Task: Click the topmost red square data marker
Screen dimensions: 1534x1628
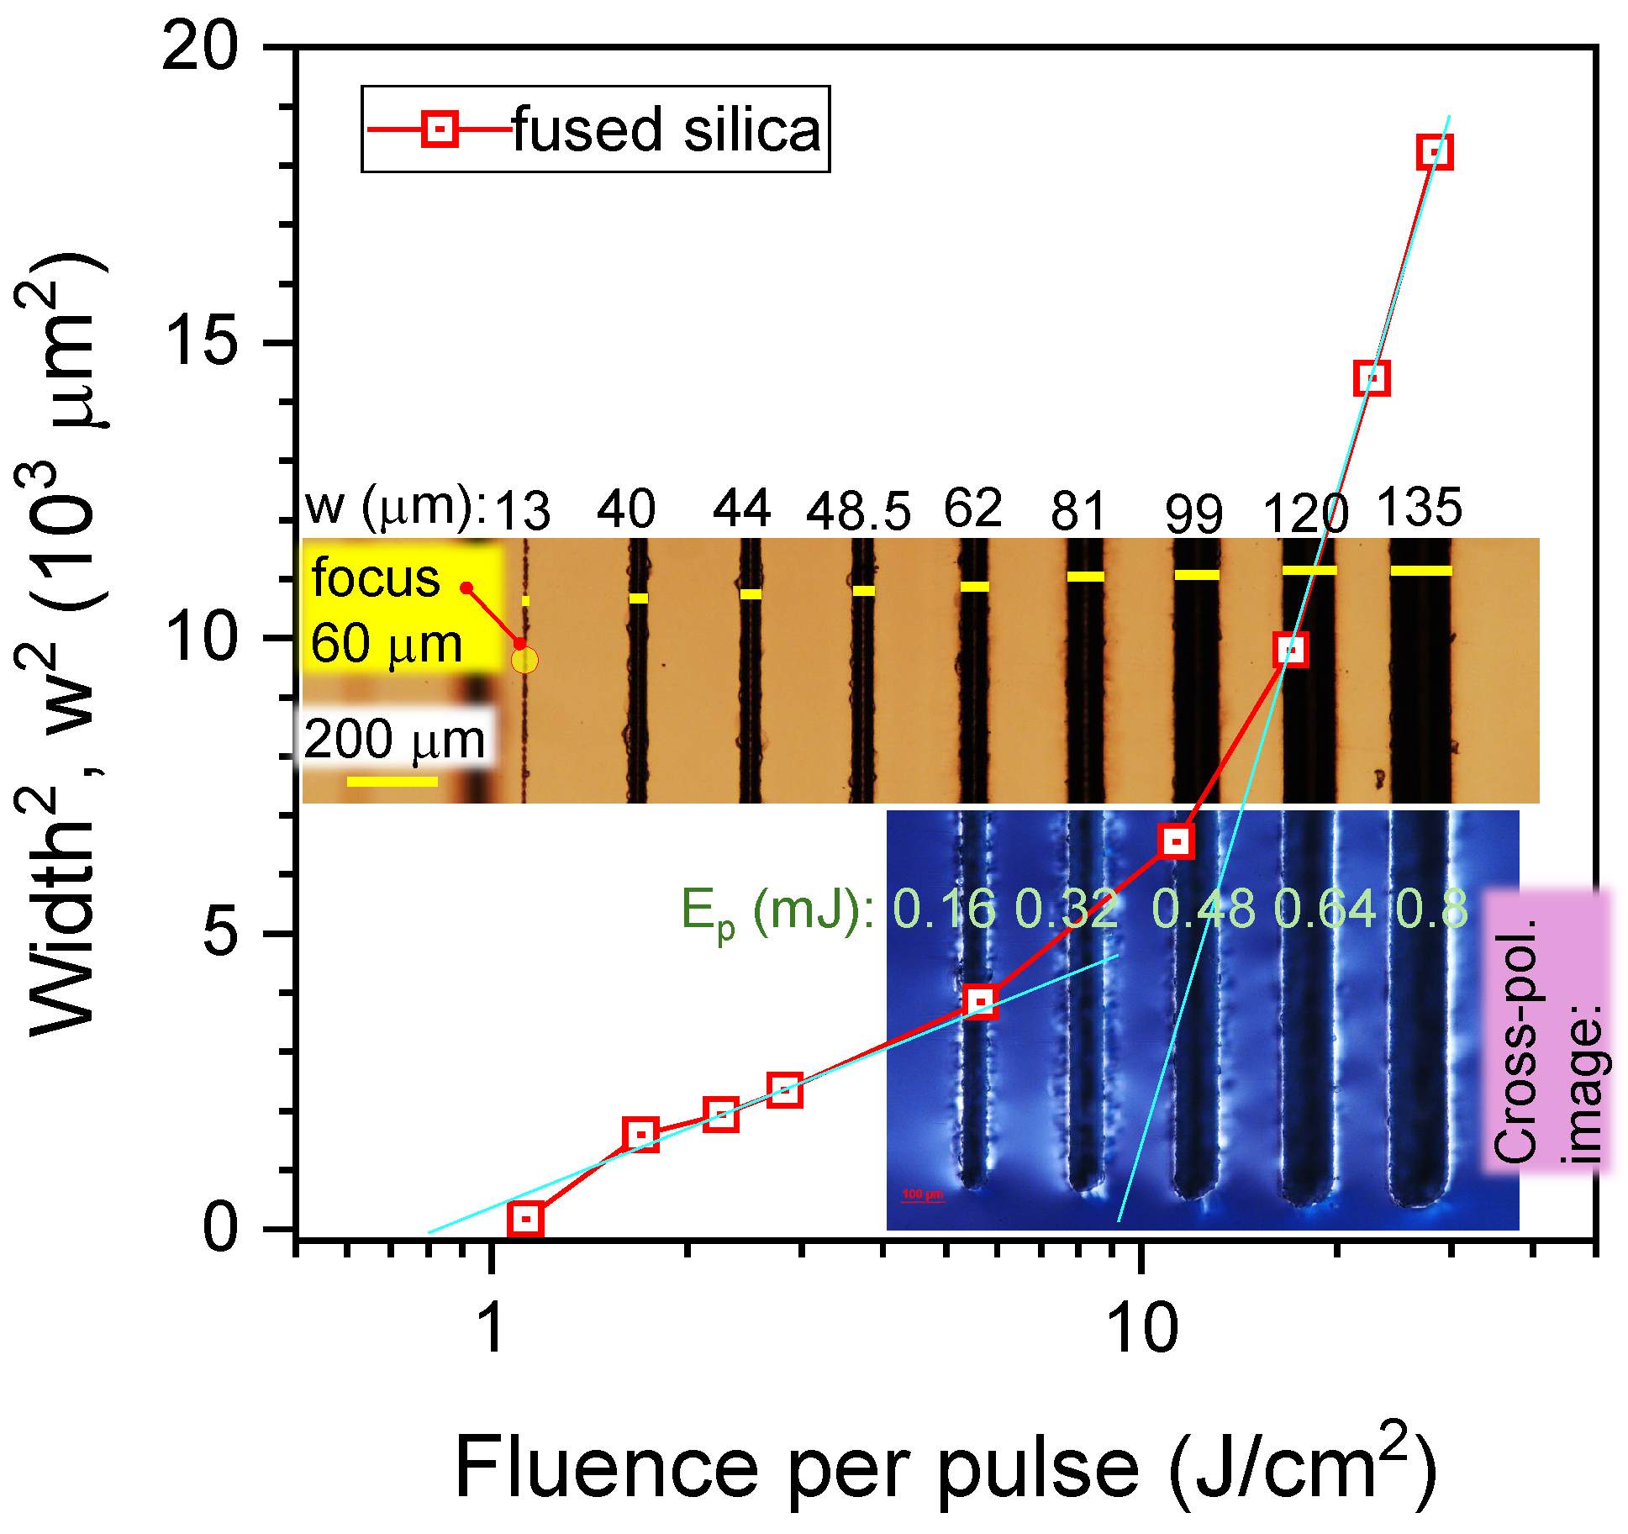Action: click(x=1434, y=152)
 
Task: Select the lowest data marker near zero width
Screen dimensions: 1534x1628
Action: click(x=525, y=1218)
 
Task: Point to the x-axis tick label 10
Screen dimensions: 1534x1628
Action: click(x=1142, y=1329)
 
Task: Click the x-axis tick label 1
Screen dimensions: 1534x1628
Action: click(x=490, y=1329)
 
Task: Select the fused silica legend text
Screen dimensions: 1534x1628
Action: click(x=666, y=129)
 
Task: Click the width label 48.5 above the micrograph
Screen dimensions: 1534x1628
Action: click(x=858, y=510)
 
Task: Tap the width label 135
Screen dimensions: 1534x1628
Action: click(x=1419, y=507)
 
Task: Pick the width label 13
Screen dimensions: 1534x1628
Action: click(x=522, y=510)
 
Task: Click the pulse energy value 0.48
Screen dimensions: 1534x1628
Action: click(x=1203, y=909)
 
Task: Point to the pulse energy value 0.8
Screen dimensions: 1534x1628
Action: click(x=1431, y=909)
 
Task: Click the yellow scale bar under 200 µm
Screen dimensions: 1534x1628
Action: click(x=392, y=782)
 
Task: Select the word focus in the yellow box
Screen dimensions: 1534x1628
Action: click(x=375, y=578)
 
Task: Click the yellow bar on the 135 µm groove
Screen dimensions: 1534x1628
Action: click(x=1420, y=571)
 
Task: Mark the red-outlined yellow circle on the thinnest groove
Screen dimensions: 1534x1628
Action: click(x=524, y=661)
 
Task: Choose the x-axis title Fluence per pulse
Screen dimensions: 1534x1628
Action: click(x=794, y=1468)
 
